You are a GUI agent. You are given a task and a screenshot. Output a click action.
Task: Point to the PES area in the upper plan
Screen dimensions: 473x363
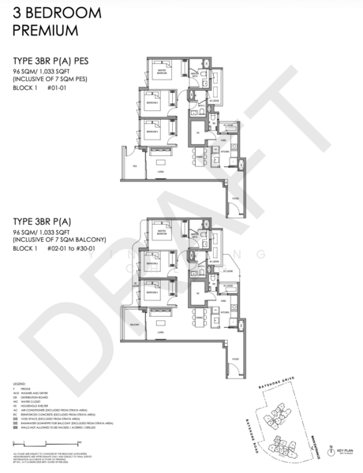135,166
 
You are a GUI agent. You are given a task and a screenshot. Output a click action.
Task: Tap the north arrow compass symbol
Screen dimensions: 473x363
329,447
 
